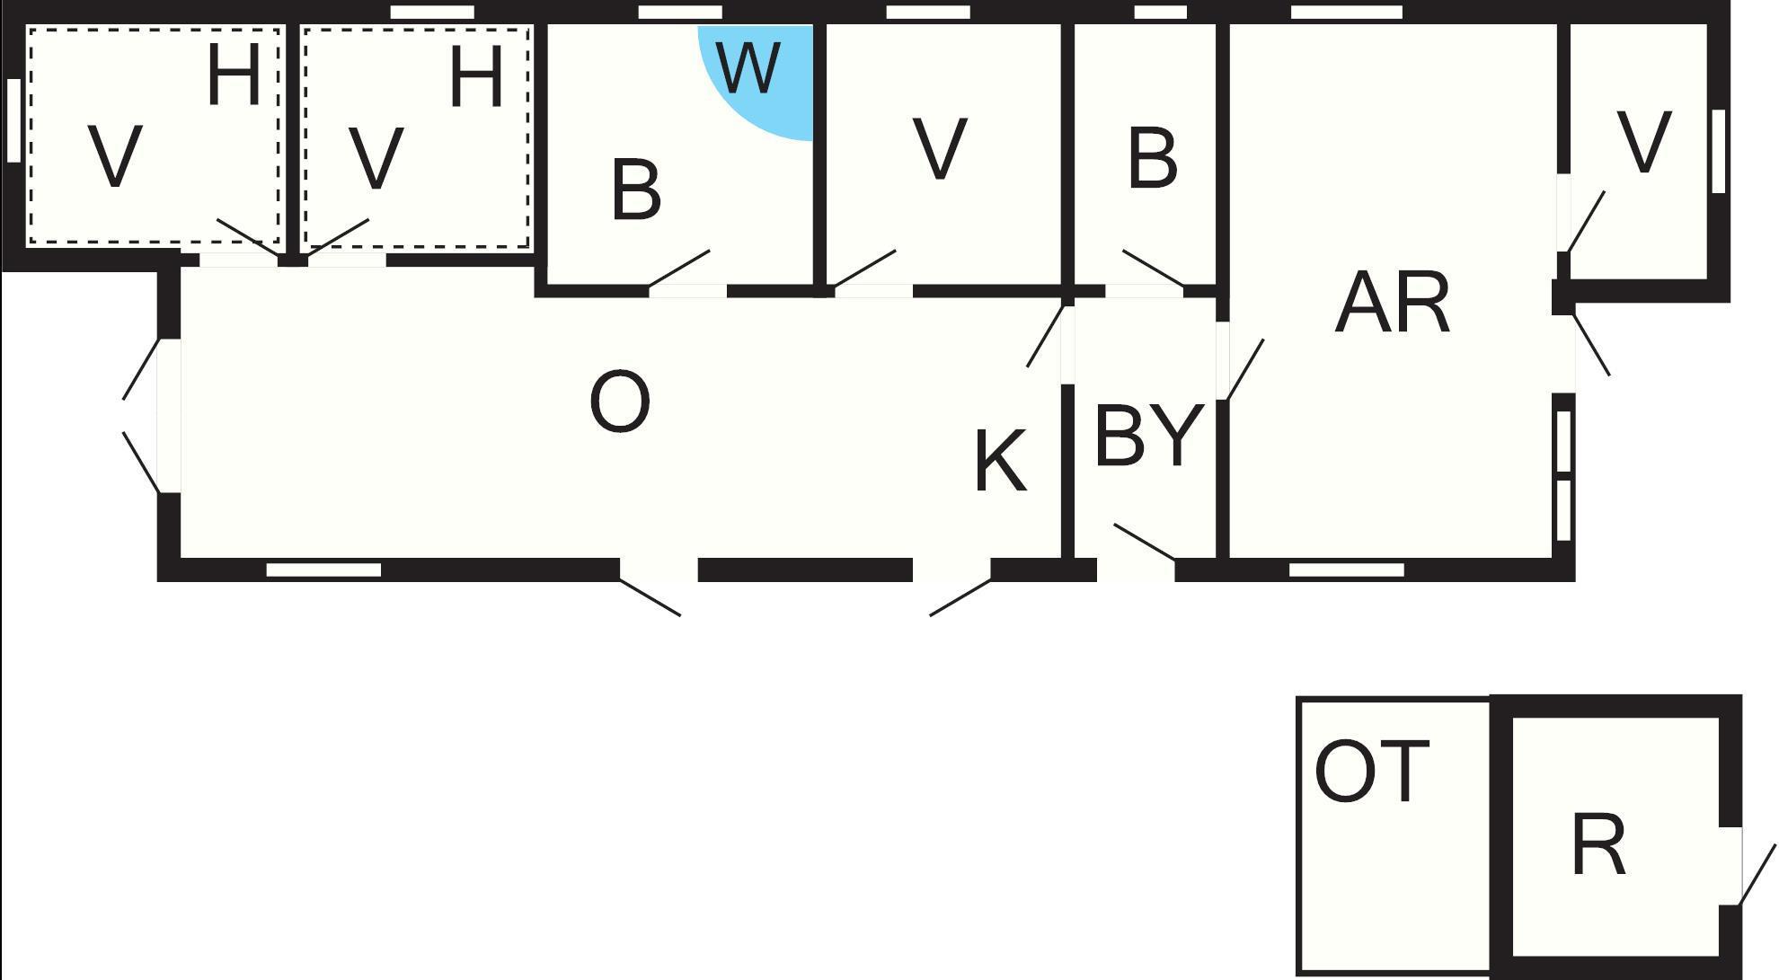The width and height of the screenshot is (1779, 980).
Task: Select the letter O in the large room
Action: [x=620, y=403]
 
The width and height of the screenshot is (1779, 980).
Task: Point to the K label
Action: [x=999, y=462]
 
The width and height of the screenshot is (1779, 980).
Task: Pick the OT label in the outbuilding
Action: [x=1371, y=772]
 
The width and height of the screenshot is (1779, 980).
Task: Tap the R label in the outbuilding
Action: [x=1598, y=846]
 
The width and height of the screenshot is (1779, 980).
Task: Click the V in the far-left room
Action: [x=116, y=157]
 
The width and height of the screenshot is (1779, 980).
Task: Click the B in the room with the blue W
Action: [x=636, y=190]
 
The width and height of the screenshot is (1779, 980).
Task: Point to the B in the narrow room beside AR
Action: [x=1151, y=159]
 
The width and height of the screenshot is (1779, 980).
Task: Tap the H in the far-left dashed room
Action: [x=233, y=76]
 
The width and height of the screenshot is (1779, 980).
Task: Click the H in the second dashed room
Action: [x=475, y=76]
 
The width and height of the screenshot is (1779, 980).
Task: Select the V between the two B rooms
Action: [x=940, y=148]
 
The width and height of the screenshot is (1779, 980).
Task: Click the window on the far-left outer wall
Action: [x=13, y=121]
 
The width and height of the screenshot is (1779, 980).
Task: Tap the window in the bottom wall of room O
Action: [x=323, y=569]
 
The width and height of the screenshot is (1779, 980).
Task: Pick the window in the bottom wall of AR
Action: [x=1346, y=569]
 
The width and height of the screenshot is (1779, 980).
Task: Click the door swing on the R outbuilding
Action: [x=1757, y=874]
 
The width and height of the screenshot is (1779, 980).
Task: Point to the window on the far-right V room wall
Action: [x=1718, y=151]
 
